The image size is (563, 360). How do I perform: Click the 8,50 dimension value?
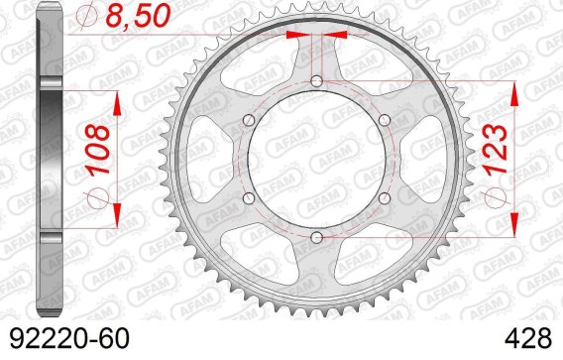138,16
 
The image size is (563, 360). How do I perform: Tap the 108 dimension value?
98,150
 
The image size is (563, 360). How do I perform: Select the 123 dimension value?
496,149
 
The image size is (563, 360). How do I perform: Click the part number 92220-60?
69,338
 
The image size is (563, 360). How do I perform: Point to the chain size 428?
527,338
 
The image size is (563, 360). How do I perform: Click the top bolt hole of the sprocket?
316,81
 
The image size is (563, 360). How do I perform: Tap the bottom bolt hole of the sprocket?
316,237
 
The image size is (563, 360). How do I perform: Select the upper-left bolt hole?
249,120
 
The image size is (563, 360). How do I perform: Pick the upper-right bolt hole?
385,120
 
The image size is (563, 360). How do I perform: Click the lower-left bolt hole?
249,198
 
